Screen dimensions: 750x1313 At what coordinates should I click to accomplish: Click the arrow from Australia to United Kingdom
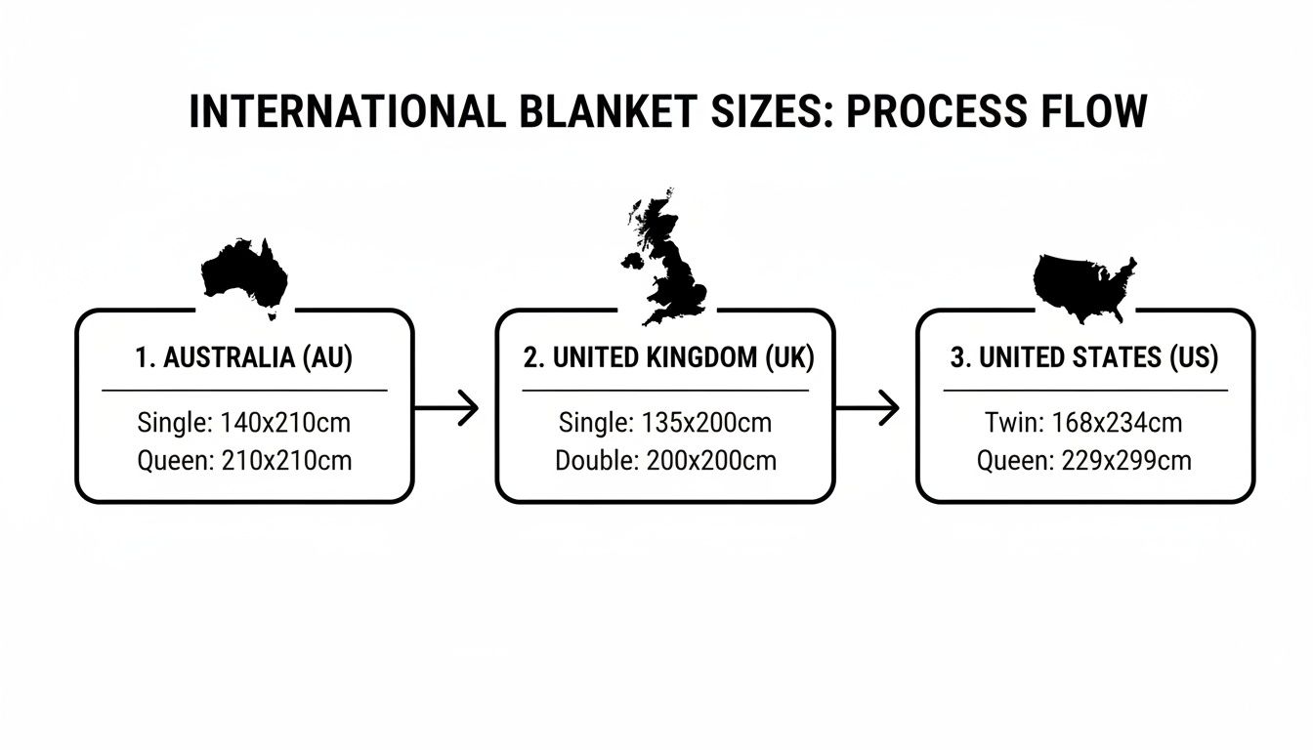446,407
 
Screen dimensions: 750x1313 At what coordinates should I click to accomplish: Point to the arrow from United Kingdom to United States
867,407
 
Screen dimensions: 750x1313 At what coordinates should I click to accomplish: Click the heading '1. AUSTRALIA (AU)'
244,357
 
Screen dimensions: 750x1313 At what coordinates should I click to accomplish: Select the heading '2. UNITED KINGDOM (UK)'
668,357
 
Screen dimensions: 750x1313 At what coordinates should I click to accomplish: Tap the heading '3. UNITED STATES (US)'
1084,357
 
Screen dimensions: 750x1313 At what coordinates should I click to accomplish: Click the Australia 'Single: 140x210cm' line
244,423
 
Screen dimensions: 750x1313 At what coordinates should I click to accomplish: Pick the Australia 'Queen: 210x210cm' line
244,460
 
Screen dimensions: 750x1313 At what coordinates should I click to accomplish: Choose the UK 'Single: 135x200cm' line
665,423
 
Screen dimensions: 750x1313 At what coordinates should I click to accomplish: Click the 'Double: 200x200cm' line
666,460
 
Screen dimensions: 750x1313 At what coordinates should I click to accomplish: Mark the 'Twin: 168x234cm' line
1084,423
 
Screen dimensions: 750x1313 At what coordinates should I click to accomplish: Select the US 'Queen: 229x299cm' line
1084,460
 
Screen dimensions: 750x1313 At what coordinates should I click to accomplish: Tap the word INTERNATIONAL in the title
347,112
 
